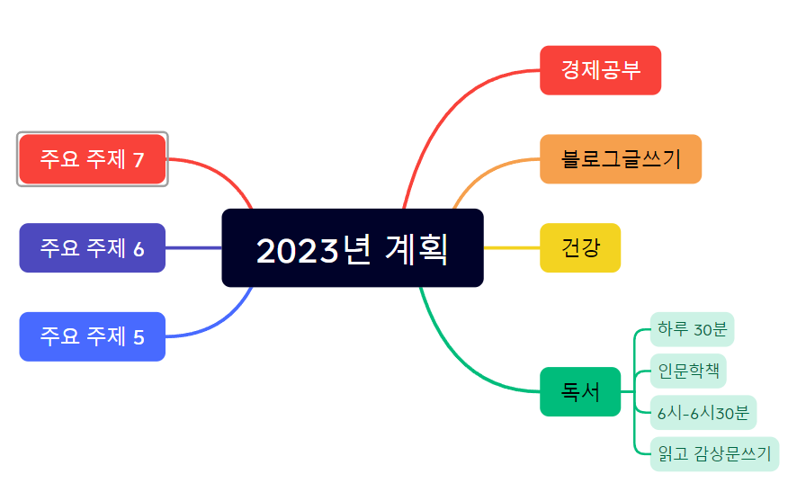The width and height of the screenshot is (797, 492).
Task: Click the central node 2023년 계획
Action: [353, 248]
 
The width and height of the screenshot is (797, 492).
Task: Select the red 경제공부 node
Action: [600, 70]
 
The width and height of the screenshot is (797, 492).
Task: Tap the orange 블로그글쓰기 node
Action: [620, 159]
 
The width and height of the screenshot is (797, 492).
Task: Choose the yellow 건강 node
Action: [580, 247]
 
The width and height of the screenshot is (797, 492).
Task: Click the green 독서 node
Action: [580, 392]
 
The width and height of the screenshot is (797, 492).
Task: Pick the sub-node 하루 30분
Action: [692, 329]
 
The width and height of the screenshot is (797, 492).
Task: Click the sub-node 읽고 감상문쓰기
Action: [714, 454]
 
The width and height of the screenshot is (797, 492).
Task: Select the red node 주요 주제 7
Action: [92, 159]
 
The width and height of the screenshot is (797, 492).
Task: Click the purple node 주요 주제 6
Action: [92, 248]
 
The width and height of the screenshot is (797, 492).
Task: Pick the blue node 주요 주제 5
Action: [92, 336]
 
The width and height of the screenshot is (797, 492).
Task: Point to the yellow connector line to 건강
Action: [511, 247]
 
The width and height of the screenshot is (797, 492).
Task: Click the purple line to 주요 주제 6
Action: [193, 247]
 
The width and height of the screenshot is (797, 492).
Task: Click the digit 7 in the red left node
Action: [139, 160]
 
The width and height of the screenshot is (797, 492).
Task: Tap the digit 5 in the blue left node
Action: [139, 337]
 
